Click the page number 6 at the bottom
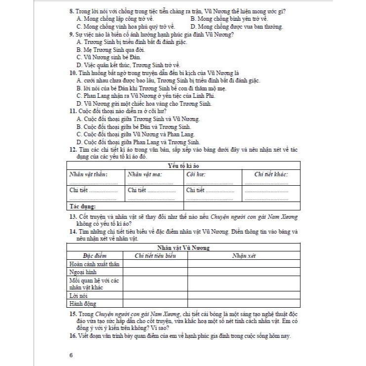(71, 354)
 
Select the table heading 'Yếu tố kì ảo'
(183, 166)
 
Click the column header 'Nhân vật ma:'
(146, 174)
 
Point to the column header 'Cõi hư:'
(196, 174)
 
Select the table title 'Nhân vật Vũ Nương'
(183, 247)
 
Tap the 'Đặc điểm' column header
(94, 255)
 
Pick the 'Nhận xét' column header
(244, 255)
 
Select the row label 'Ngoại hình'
(82, 272)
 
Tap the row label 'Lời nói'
(79, 295)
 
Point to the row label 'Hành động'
(82, 303)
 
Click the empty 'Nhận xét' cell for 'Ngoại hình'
(244, 272)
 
